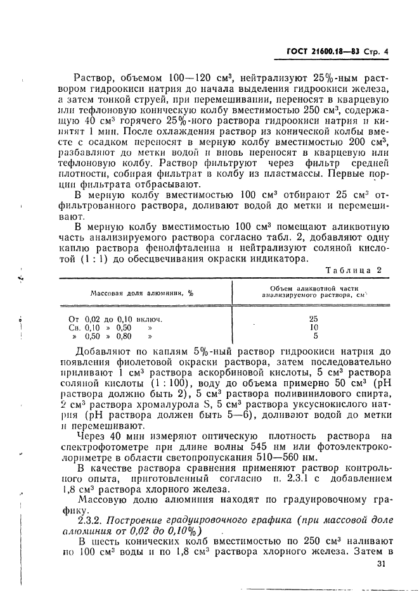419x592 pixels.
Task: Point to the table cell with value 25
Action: click(314, 318)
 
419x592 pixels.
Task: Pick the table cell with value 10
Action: click(314, 327)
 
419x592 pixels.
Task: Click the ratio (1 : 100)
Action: click(146, 382)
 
